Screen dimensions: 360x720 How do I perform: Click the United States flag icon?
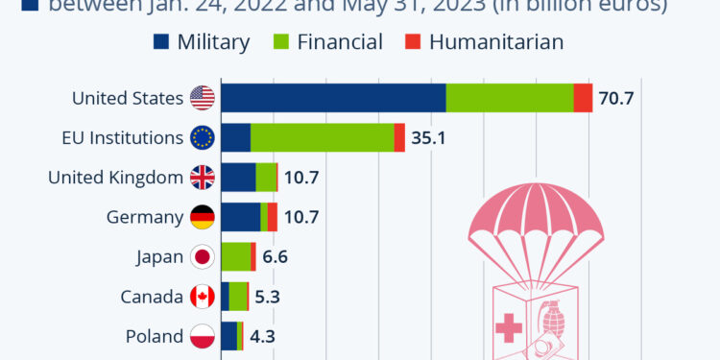202,98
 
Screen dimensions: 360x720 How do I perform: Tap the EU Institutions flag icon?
202,138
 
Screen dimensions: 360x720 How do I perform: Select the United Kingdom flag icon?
202,178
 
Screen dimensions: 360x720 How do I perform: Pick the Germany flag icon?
202,217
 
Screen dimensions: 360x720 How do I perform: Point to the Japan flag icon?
202,256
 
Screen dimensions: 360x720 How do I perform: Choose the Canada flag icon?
202,297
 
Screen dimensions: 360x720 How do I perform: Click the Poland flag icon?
202,336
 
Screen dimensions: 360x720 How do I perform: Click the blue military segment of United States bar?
333,98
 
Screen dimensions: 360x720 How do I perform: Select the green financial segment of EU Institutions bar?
322,138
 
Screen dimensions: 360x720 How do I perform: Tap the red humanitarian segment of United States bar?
583,98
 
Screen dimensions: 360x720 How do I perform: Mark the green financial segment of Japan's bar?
235,256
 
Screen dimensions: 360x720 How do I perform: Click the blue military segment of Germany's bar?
240,217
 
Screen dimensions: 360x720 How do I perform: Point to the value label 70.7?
616,99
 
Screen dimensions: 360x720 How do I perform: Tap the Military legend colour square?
160,42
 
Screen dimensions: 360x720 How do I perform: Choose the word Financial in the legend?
341,42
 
